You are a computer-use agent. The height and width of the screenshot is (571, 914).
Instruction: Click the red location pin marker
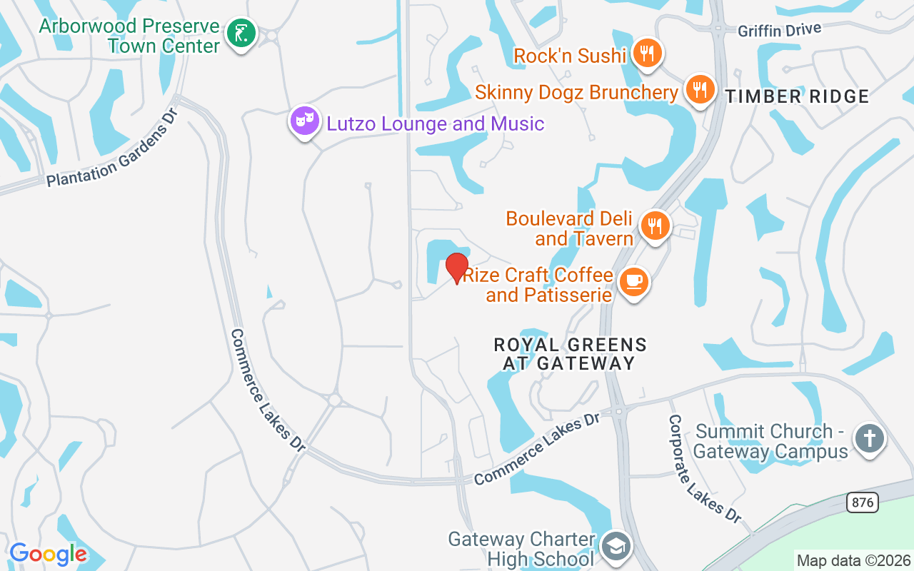point(457,267)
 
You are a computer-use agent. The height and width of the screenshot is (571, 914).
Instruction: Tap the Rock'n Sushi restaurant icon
point(648,54)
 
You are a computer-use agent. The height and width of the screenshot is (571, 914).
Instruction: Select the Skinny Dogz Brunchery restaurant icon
point(700,90)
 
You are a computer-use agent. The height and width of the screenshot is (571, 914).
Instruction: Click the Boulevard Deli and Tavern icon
point(654,226)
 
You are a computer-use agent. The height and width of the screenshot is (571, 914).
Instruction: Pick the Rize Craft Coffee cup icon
point(633,283)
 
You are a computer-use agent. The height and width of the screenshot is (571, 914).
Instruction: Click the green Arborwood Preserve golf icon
point(242,34)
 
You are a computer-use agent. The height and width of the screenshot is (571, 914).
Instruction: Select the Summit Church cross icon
point(869,438)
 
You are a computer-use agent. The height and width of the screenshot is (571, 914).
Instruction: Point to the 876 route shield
point(863,502)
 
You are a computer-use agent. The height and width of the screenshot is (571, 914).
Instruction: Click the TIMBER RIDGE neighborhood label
point(797,96)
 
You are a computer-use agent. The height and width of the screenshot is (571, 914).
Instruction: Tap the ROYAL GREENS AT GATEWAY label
point(570,354)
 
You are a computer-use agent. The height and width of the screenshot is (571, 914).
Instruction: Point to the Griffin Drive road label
point(780,30)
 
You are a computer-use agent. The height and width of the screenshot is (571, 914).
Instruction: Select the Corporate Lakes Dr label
point(704,468)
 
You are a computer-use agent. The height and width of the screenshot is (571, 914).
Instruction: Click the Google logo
point(48,554)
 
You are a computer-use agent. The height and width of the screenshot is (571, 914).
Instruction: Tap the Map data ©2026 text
point(854,560)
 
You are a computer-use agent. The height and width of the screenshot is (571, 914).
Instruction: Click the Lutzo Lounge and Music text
point(436,123)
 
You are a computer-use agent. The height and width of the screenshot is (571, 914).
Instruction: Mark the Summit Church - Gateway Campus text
point(770,441)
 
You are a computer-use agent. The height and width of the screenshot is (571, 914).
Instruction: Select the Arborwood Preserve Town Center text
point(129,36)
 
